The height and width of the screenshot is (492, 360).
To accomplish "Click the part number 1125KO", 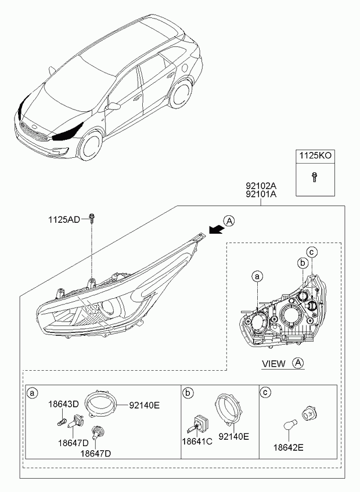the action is pyautogui.click(x=315, y=155).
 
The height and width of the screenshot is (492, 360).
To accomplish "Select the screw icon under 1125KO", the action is pyautogui.click(x=314, y=177).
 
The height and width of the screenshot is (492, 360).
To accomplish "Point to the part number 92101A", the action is pyautogui.click(x=261, y=194).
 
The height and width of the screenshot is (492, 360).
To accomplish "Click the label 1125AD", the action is pyautogui.click(x=64, y=220).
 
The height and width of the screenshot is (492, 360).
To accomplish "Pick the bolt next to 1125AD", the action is pyautogui.click(x=92, y=218).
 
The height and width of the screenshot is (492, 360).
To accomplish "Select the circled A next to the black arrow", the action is pyautogui.click(x=229, y=221).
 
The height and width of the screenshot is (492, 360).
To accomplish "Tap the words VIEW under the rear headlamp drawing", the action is pyautogui.click(x=273, y=364).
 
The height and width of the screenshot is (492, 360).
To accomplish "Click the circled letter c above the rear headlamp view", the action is pyautogui.click(x=312, y=252).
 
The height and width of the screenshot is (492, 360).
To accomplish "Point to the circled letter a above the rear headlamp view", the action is pyautogui.click(x=257, y=277).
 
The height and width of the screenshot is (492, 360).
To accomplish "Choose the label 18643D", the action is pyautogui.click(x=63, y=404).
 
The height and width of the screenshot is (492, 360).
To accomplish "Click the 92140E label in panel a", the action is pyautogui.click(x=144, y=406).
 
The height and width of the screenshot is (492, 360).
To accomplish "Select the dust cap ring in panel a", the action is pyautogui.click(x=102, y=403).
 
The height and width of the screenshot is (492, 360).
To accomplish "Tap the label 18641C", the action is pyautogui.click(x=197, y=442).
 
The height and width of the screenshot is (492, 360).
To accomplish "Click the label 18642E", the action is pyautogui.click(x=289, y=447).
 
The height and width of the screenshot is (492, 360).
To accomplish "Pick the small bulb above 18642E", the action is pyautogui.click(x=290, y=426).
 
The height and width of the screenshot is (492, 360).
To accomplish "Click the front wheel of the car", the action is pyautogui.click(x=91, y=145).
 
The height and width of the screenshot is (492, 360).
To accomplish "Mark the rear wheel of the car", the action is pyautogui.click(x=181, y=94).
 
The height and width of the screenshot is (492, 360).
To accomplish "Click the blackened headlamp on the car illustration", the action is pyautogui.click(x=67, y=132).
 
